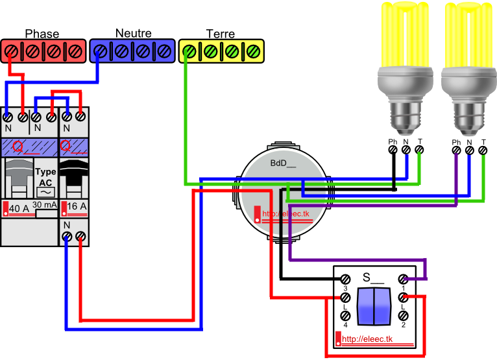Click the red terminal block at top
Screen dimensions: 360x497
click(x=43, y=51)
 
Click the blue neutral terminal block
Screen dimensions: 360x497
click(x=132, y=51)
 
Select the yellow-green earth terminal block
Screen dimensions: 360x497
click(x=221, y=51)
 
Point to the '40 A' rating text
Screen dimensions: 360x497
click(x=19, y=208)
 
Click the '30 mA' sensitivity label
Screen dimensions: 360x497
click(x=45, y=205)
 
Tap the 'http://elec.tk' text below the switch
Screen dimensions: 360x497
click(x=367, y=339)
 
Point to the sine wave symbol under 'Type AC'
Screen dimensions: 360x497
click(x=45, y=192)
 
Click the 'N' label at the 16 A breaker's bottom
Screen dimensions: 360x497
click(x=66, y=224)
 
